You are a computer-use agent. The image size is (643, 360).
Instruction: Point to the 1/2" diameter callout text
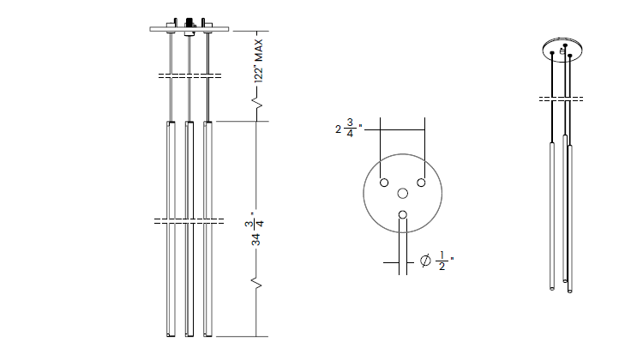coord(443,261)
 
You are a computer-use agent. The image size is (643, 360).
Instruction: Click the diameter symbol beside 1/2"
coord(426,261)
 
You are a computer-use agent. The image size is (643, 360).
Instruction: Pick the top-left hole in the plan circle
coord(384,183)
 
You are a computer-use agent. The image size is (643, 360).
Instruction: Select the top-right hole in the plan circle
coord(422,183)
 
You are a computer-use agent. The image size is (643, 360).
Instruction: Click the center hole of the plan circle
coord(403,195)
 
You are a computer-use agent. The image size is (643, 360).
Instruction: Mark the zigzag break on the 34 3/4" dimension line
coord(256,280)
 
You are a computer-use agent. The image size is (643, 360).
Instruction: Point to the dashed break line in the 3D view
coord(562,99)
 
